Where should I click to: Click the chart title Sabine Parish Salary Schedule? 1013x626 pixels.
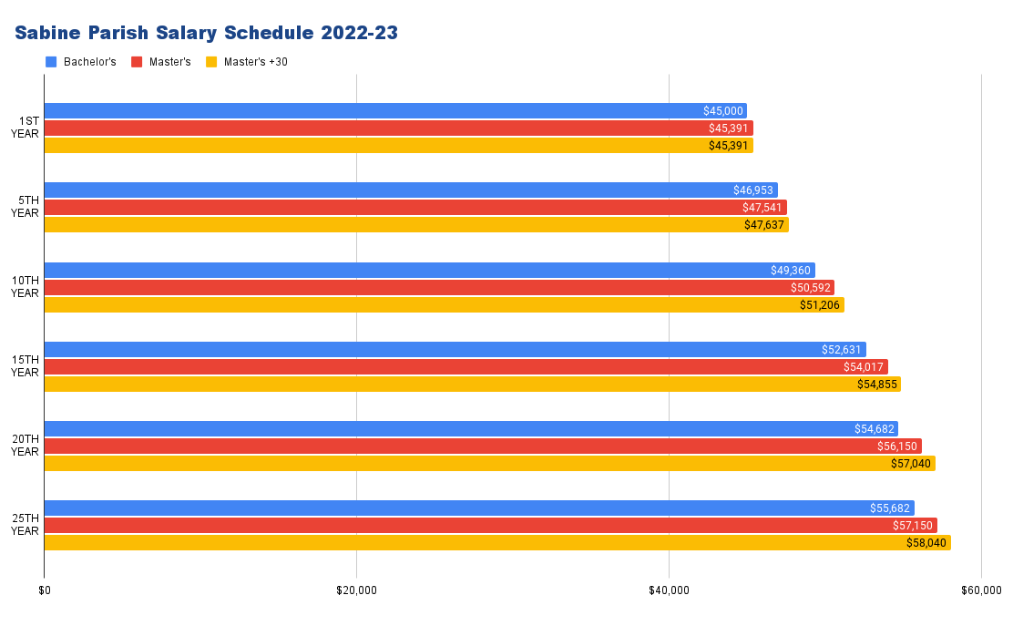click(x=206, y=33)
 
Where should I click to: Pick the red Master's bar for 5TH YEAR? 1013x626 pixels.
click(x=415, y=208)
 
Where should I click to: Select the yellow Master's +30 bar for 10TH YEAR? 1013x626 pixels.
click(x=444, y=304)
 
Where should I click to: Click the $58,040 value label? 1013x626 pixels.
click(x=926, y=543)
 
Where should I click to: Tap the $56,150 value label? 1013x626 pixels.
click(x=897, y=446)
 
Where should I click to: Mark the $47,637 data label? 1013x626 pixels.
click(x=764, y=225)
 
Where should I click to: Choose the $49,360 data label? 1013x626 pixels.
click(x=791, y=271)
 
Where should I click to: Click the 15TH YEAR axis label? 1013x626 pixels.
click(x=25, y=366)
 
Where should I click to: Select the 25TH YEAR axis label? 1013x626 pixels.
click(x=25, y=525)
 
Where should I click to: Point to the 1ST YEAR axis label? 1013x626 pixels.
click(x=25, y=128)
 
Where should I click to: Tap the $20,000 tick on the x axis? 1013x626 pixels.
click(x=356, y=590)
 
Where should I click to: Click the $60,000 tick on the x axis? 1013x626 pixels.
click(x=980, y=590)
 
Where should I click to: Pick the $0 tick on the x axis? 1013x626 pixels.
click(x=45, y=590)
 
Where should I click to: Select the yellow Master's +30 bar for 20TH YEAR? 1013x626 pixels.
click(x=489, y=464)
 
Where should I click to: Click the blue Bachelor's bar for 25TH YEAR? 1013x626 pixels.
click(x=479, y=508)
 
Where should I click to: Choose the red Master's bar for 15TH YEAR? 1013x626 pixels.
click(x=466, y=367)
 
